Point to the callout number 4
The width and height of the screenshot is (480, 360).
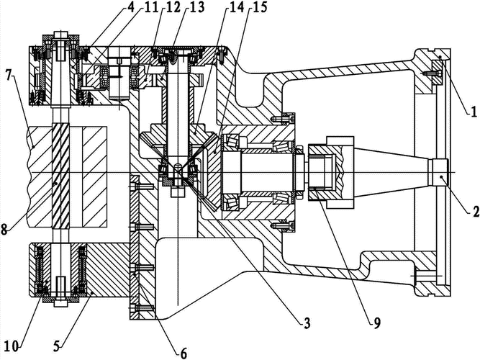click(x=131, y=9)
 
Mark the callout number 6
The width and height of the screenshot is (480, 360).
click(x=183, y=352)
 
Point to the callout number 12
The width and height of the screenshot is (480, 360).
click(x=173, y=9)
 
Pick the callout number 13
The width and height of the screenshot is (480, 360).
click(x=196, y=9)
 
